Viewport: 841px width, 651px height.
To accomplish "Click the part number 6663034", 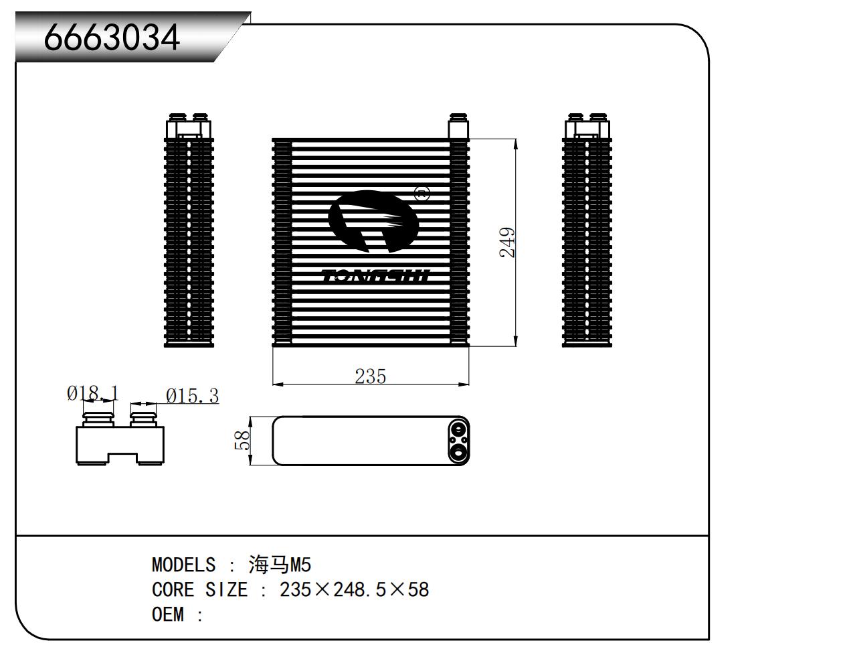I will (x=112, y=38).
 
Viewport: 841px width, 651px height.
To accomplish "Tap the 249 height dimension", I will (x=508, y=242).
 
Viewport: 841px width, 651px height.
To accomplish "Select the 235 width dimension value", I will (x=370, y=376).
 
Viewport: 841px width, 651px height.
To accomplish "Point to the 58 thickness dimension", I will (x=243, y=440).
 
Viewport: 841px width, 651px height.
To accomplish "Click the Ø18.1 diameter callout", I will (x=92, y=393).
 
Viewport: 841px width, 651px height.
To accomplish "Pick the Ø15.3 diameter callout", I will (x=192, y=396).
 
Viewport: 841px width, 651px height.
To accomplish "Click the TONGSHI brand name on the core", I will (x=375, y=276).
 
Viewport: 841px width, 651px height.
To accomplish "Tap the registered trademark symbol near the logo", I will (x=422, y=194).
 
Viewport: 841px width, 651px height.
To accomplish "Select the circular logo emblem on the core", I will (x=372, y=221).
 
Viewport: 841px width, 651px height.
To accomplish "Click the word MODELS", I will (x=183, y=565).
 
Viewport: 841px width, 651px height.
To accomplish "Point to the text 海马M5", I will (x=280, y=565).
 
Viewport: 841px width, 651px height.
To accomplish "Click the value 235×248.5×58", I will (x=354, y=590).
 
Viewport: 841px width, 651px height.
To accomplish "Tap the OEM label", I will (x=167, y=615).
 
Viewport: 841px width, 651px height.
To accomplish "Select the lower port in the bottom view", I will (x=458, y=453).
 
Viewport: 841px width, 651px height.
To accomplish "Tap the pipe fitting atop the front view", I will (x=458, y=126).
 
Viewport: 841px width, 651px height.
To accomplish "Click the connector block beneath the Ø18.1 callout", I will (x=119, y=442).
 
